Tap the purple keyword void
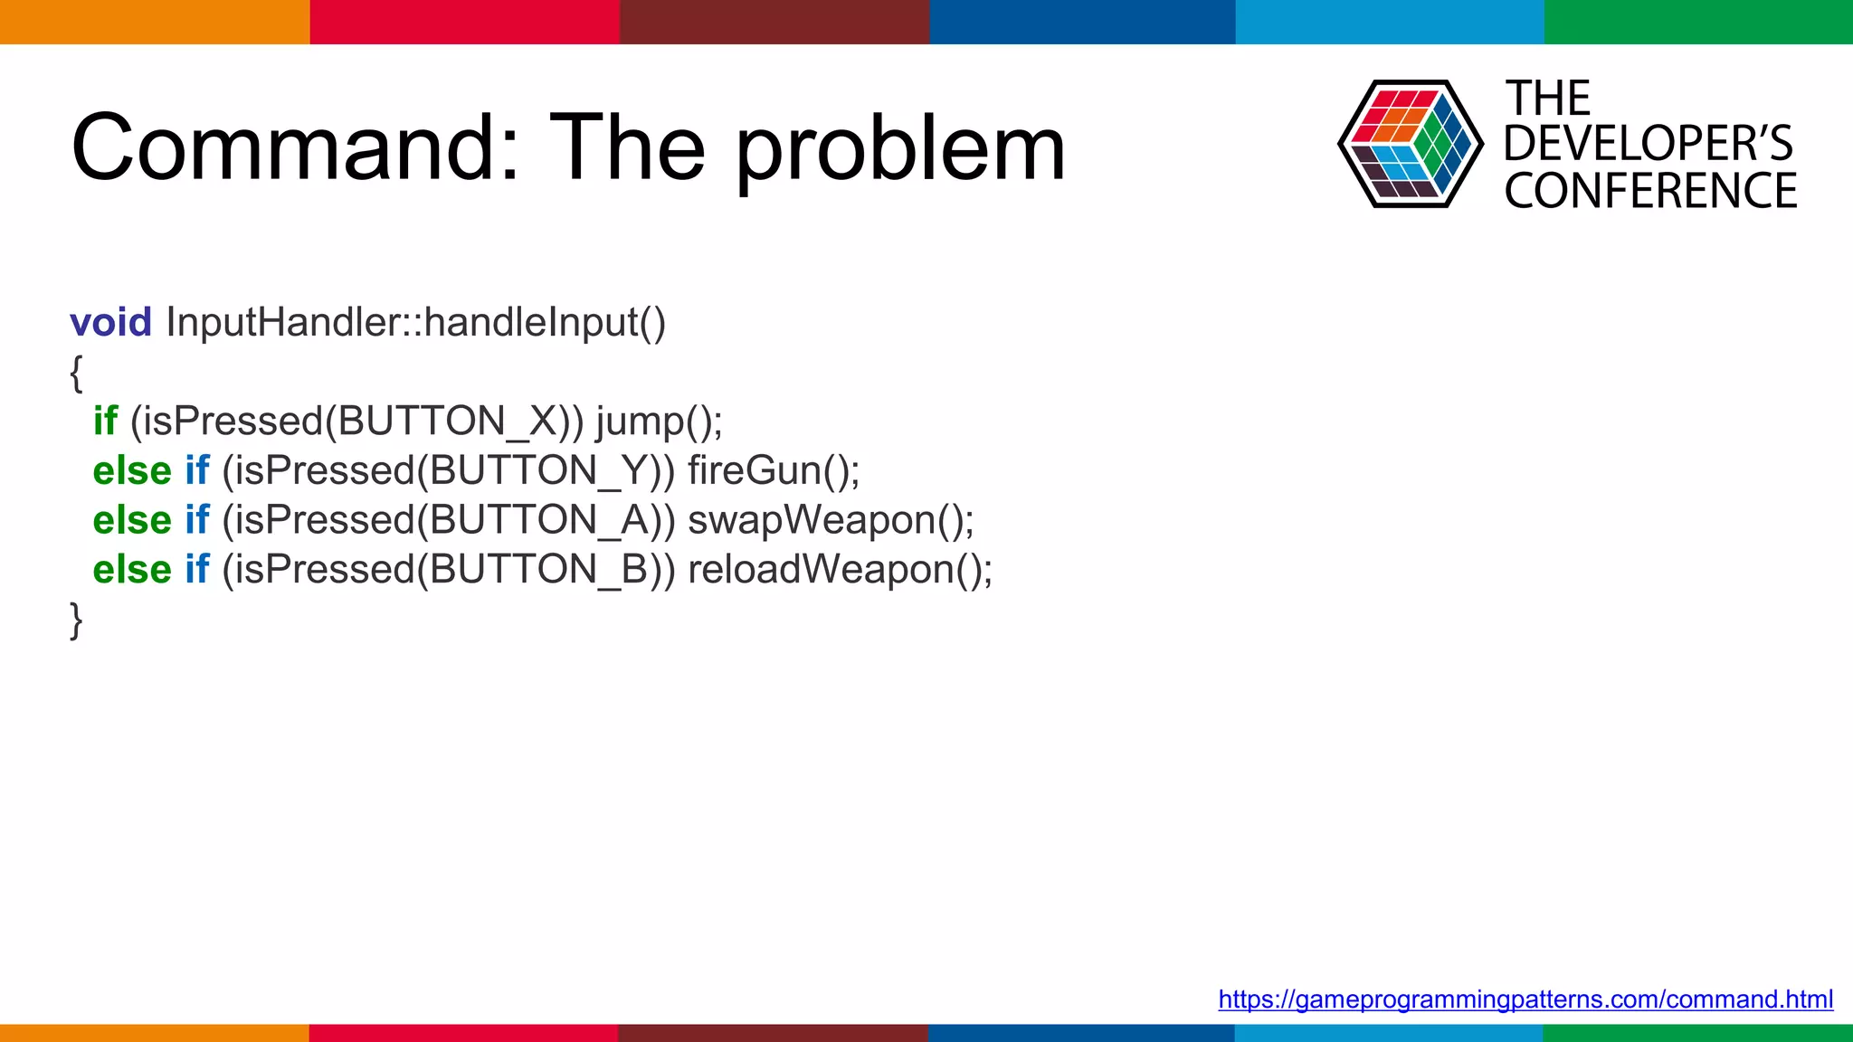coord(110,323)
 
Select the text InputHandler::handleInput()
coord(416,323)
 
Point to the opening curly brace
coord(76,373)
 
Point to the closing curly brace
coord(76,620)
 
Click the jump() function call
coord(659,422)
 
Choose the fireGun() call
coord(774,471)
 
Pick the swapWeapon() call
coord(831,521)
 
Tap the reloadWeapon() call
coord(840,570)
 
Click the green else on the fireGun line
coord(132,471)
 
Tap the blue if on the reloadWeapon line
coord(197,570)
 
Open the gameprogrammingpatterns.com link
coord(1525,999)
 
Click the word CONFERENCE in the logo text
coord(1650,192)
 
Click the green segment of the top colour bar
coord(1698,22)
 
